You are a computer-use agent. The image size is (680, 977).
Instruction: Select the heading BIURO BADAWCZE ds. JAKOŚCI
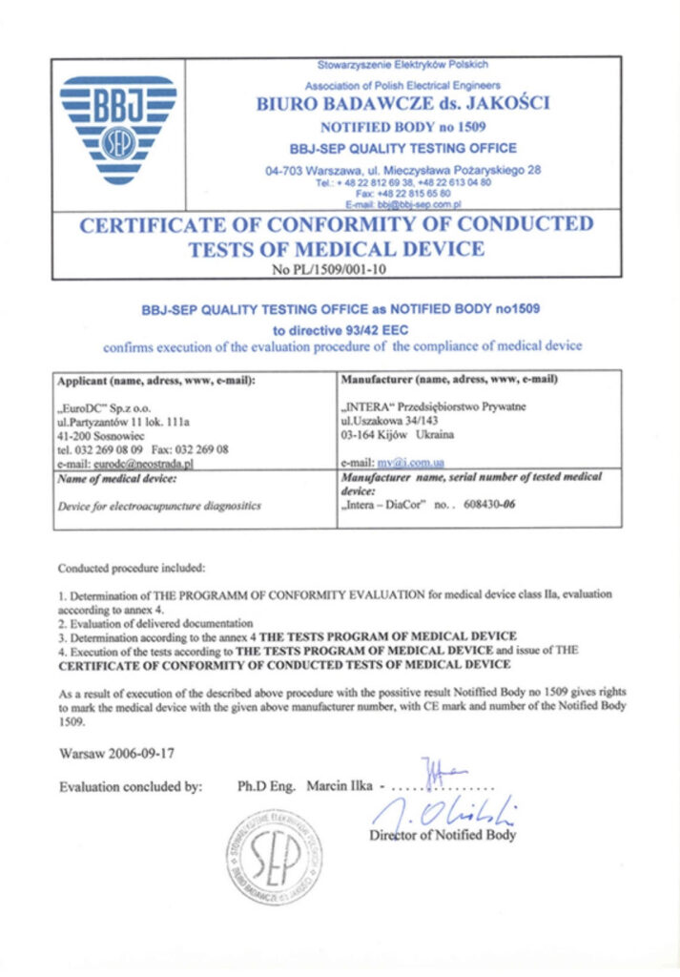click(402, 105)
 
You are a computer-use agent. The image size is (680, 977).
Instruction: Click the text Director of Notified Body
click(443, 835)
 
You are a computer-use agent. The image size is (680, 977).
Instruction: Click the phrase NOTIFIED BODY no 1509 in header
click(402, 127)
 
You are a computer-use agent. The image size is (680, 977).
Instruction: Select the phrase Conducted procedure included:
click(132, 569)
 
